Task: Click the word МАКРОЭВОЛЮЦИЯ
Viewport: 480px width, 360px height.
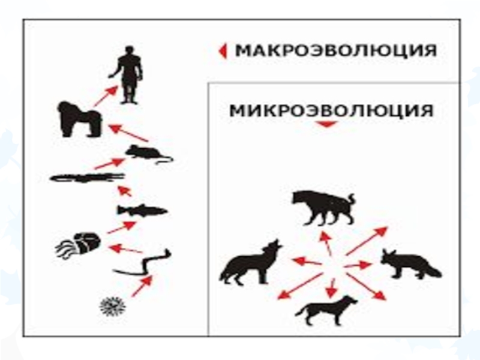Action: (336, 50)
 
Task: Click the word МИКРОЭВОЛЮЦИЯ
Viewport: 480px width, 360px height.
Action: (332, 110)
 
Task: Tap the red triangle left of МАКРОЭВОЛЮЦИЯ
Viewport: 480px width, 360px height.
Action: (223, 51)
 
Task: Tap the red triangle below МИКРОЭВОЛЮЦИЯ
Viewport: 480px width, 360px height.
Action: (326, 124)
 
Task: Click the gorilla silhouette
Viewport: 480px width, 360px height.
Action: (80, 119)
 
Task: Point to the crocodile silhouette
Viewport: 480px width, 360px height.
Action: (87, 178)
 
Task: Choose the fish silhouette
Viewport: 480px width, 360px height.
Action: (142, 211)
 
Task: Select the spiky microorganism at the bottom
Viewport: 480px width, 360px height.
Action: (113, 306)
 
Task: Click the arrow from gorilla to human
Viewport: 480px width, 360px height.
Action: (106, 96)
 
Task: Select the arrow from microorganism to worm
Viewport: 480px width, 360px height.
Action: (142, 286)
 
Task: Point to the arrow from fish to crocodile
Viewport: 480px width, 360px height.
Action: (125, 191)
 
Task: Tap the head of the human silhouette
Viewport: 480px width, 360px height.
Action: (130, 50)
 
